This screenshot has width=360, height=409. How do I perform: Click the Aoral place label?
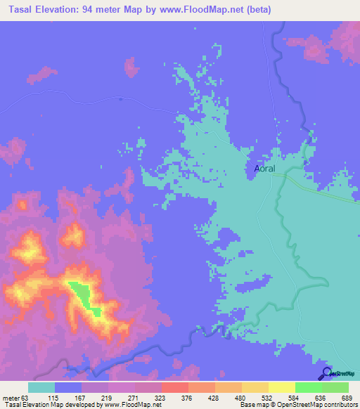[264, 169]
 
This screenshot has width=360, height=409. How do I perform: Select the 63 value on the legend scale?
[27, 397]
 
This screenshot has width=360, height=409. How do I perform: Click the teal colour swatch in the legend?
[41, 387]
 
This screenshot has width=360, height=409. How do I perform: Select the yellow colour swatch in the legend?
[281, 387]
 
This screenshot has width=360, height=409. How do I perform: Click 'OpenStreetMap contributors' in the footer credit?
[318, 405]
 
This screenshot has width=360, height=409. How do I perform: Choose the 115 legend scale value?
[53, 397]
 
